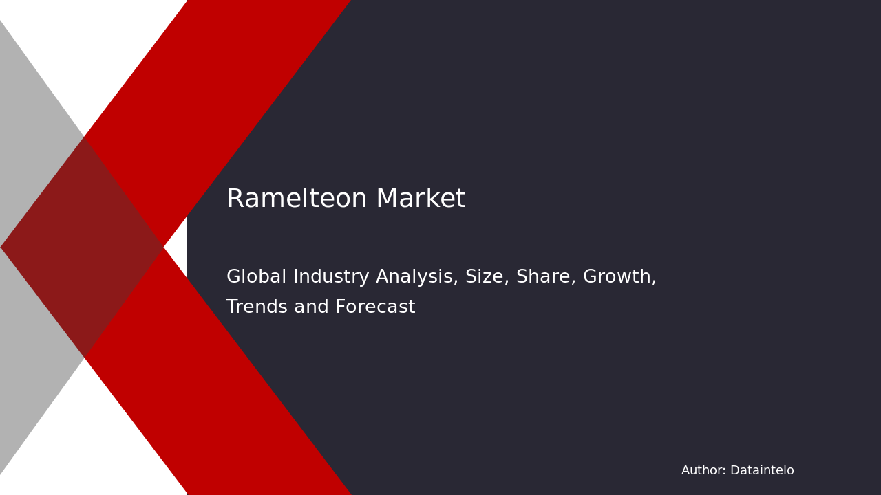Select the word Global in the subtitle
tap(256, 277)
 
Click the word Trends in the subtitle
tap(255, 307)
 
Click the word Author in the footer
tap(702, 471)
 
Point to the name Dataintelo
tap(762, 471)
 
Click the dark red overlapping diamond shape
tap(83, 247)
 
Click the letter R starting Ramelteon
tap(235, 199)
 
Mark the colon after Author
tap(725, 472)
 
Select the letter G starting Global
tap(233, 277)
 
